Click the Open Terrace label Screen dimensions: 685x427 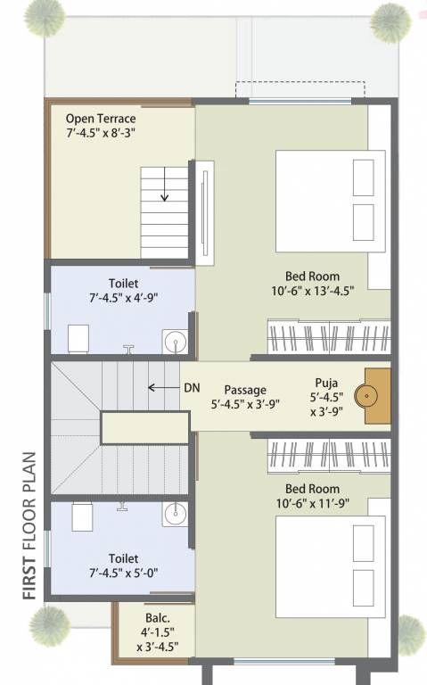tap(100, 119)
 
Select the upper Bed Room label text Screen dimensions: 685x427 tap(312, 276)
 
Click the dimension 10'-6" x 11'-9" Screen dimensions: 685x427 tap(312, 505)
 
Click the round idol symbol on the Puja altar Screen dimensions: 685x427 tap(366, 393)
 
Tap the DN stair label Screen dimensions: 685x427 tap(192, 388)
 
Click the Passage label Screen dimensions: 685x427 tap(244, 390)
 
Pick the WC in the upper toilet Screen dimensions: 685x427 tap(78, 338)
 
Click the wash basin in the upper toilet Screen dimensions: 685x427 tap(174, 342)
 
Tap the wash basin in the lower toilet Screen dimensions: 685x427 tap(174, 513)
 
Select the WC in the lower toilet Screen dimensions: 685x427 tap(82, 516)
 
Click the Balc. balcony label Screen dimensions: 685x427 tap(156, 618)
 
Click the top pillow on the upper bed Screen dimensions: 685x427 tap(364, 177)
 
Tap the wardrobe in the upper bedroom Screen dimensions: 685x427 tap(329, 336)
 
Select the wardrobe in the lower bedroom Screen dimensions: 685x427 tap(329, 456)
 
